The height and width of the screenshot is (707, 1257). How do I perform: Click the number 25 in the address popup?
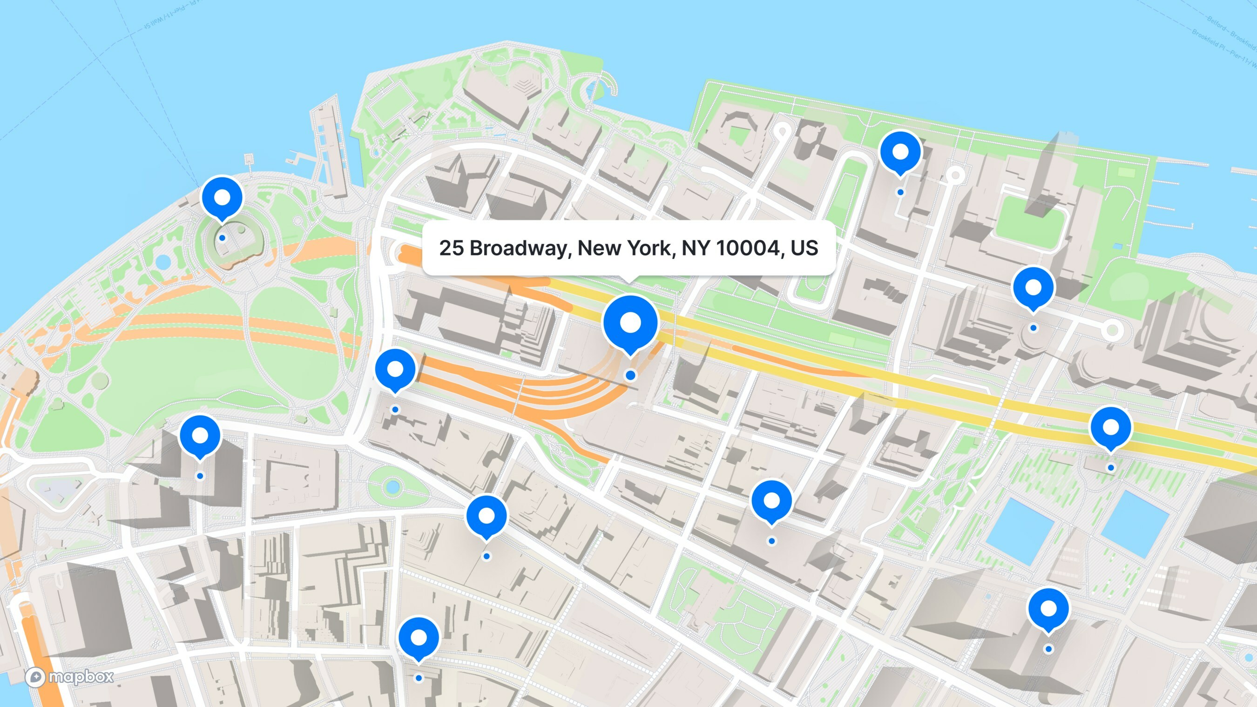tap(451, 248)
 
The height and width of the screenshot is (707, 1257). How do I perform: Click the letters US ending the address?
tap(804, 248)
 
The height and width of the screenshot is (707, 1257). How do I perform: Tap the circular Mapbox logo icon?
tap(35, 677)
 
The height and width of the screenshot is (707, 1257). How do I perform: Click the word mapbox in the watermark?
tap(81, 676)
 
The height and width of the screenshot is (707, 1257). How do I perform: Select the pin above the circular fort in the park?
tap(222, 198)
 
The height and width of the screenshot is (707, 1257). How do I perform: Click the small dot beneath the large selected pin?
tap(630, 375)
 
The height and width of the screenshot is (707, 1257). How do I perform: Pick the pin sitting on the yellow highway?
tap(1111, 428)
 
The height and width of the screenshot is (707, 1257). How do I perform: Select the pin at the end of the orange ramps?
tap(395, 370)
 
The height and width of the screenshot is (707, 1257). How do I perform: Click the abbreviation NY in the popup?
tap(696, 248)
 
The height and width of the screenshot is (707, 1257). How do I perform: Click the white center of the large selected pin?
tap(630, 322)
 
